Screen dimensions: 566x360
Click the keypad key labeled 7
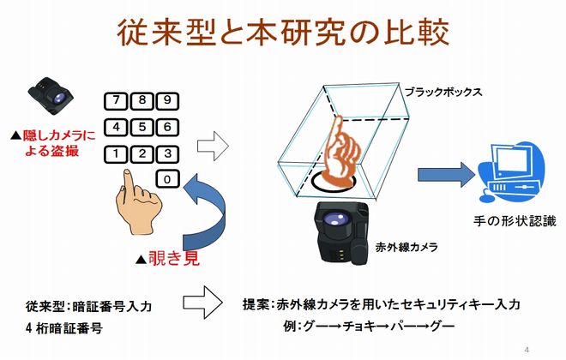point(116,101)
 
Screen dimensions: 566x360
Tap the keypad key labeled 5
point(141,128)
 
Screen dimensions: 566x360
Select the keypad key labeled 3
point(167,154)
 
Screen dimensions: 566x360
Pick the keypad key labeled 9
point(167,101)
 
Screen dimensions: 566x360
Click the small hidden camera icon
point(51,96)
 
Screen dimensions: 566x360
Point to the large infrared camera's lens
point(335,219)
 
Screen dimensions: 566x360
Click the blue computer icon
point(511,172)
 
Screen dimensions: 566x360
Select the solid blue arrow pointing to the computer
point(446,175)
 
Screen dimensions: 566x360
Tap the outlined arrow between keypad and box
point(213,146)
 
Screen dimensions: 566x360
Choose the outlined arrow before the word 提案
point(202,303)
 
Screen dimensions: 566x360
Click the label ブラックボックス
point(443,92)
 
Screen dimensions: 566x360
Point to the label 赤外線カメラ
point(406,248)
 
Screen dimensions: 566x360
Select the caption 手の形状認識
point(515,221)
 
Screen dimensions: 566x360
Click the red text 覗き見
point(173,258)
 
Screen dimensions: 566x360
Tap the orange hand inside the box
point(340,152)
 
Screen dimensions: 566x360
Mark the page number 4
point(527,350)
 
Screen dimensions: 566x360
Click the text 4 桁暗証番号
point(64,328)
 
